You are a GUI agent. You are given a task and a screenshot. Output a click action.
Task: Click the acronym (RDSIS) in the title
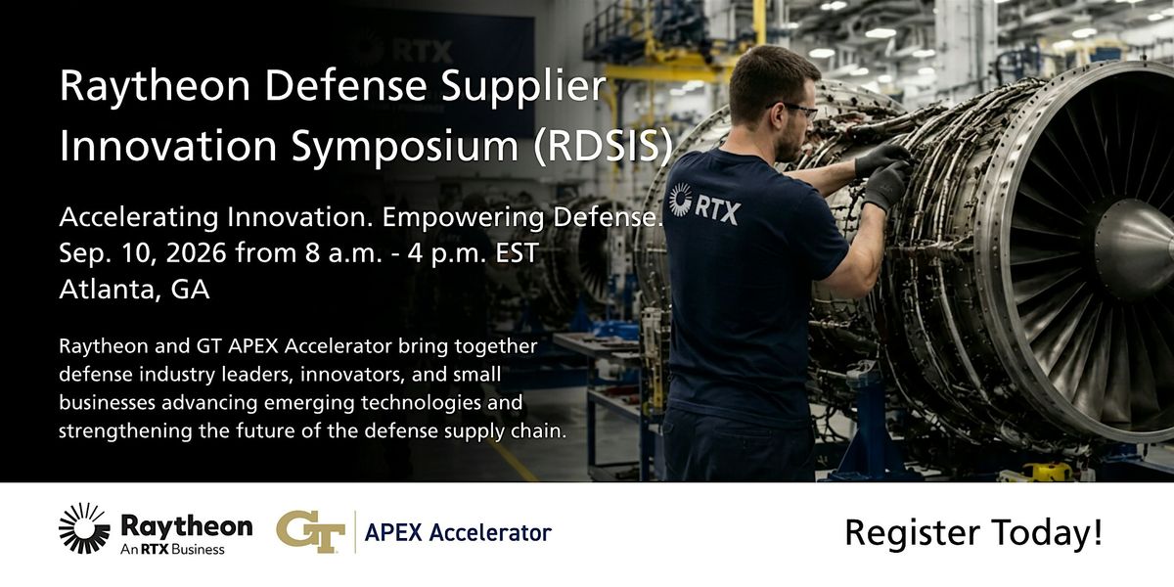point(603,145)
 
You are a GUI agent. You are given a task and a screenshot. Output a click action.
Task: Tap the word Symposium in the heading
point(405,147)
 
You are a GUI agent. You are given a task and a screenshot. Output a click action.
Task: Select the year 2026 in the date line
point(195,253)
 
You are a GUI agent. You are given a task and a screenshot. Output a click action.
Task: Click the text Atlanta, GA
point(134,290)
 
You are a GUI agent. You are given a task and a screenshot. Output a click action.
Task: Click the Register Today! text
point(973,533)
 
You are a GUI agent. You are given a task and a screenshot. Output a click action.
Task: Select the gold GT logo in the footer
point(311,531)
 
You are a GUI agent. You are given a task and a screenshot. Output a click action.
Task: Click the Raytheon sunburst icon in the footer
point(84,528)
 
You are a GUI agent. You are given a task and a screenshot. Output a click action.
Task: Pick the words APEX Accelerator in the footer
point(458,532)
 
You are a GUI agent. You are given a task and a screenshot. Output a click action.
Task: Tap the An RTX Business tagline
point(172,549)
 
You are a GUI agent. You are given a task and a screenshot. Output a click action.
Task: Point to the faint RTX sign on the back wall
point(402,50)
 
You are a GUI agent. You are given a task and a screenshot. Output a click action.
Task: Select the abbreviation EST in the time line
point(517,253)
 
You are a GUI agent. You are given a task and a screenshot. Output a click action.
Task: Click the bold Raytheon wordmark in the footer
point(187,525)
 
